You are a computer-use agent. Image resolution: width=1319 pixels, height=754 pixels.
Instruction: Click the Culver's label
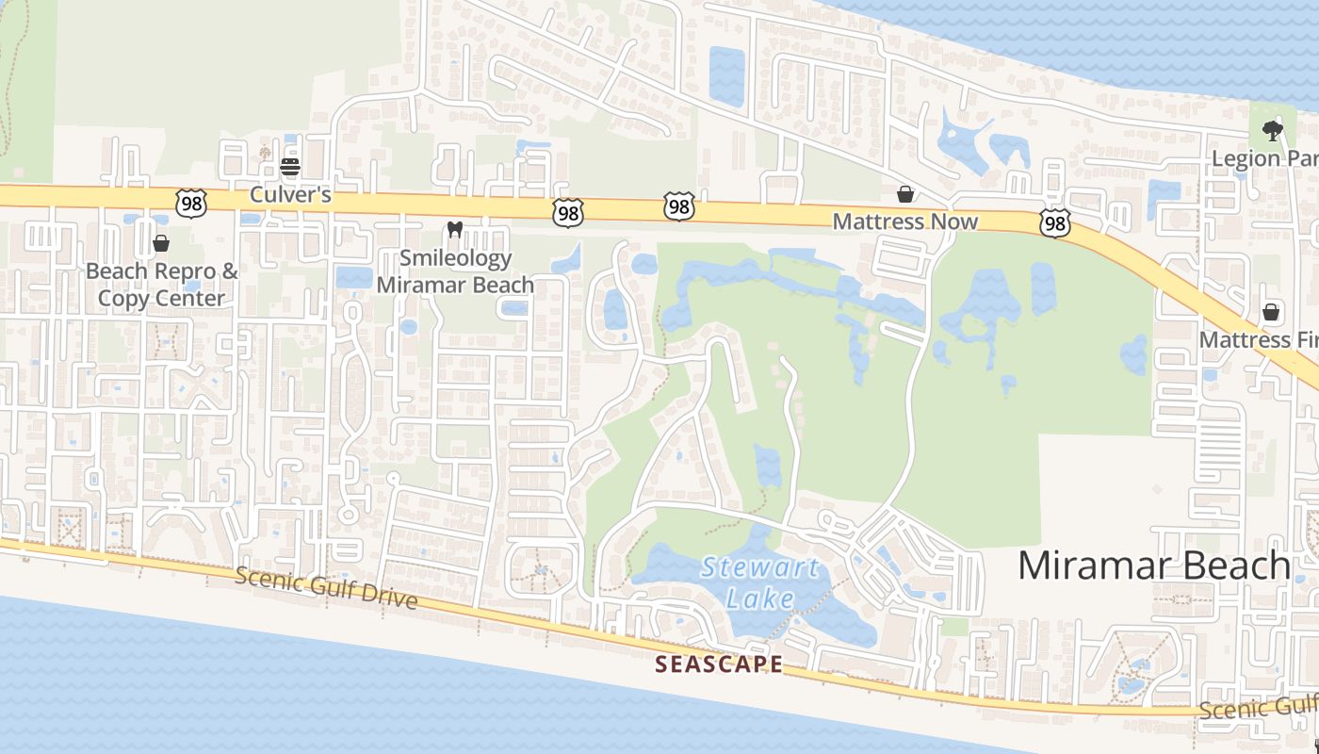tap(290, 194)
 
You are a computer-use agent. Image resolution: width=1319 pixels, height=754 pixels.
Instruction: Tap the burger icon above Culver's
tap(290, 168)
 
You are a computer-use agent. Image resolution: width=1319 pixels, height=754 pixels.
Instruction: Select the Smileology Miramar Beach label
tap(455, 271)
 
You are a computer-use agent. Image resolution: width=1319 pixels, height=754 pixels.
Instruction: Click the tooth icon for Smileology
tap(454, 229)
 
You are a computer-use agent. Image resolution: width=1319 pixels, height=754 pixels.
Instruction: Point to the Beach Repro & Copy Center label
tap(162, 285)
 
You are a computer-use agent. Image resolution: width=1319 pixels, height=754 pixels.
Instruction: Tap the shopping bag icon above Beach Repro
tap(161, 243)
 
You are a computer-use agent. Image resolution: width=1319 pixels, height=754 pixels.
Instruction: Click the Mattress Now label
tap(905, 221)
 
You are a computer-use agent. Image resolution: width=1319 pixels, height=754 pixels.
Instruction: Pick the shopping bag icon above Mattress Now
tap(905, 194)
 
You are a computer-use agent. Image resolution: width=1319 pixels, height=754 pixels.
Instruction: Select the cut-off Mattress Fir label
tap(1259, 338)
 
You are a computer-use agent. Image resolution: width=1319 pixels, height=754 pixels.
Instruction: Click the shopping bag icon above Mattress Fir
tap(1271, 311)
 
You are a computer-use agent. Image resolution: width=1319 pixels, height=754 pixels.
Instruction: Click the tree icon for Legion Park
tap(1273, 130)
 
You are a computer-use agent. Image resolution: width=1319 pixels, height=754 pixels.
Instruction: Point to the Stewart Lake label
tap(760, 582)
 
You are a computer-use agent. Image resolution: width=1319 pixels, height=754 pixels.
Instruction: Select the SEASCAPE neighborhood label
tap(719, 664)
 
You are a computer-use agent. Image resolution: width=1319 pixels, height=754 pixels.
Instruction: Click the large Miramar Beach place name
tap(1153, 565)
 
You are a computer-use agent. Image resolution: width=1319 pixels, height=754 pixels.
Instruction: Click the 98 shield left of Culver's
tap(189, 201)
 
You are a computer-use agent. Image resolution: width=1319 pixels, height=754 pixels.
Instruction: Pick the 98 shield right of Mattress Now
tap(1055, 223)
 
